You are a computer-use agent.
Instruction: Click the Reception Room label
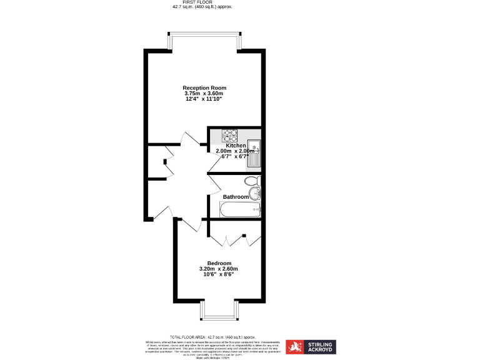click(204, 87)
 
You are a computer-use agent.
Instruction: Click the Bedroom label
click(219, 262)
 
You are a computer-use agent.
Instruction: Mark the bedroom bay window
click(219, 311)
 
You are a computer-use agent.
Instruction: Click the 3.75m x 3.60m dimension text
click(204, 93)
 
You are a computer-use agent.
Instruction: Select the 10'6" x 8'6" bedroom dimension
click(219, 274)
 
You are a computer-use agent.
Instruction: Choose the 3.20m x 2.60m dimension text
click(219, 269)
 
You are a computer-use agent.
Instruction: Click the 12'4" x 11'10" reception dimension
click(204, 99)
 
